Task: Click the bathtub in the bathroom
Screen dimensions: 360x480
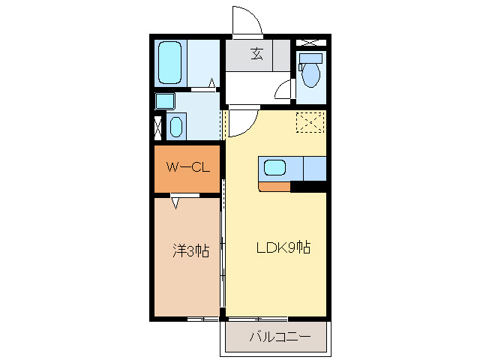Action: click(170, 63)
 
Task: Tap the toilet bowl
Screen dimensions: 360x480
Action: click(310, 75)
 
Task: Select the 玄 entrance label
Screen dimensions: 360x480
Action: click(257, 54)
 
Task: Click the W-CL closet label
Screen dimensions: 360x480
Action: click(187, 168)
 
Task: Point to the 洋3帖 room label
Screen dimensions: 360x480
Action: click(190, 251)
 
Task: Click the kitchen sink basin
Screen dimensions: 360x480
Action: click(273, 168)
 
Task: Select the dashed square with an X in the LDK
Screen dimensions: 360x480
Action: click(308, 121)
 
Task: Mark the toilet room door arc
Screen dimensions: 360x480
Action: click(283, 89)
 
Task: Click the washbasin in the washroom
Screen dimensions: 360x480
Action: click(175, 127)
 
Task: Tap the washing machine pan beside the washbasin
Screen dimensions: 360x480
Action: click(164, 100)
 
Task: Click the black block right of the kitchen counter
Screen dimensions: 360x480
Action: click(307, 186)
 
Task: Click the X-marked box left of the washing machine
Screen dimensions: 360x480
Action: click(157, 127)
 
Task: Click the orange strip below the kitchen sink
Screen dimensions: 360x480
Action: click(274, 186)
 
